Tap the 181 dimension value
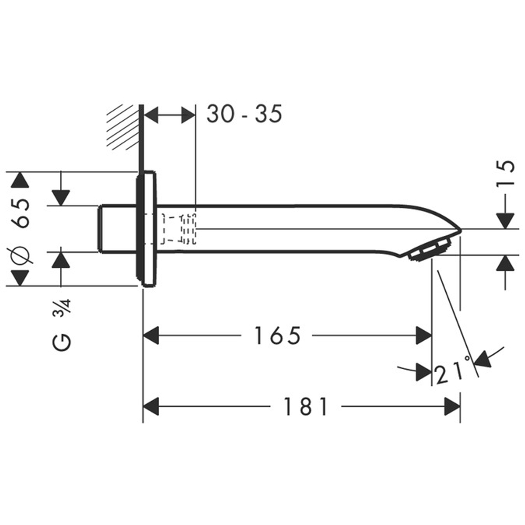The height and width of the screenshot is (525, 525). pyautogui.click(x=306, y=406)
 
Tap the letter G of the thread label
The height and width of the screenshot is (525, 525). pyautogui.click(x=62, y=342)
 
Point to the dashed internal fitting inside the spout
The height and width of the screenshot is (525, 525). pyautogui.click(x=178, y=229)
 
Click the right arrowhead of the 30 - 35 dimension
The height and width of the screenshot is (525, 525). pyautogui.click(x=188, y=114)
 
